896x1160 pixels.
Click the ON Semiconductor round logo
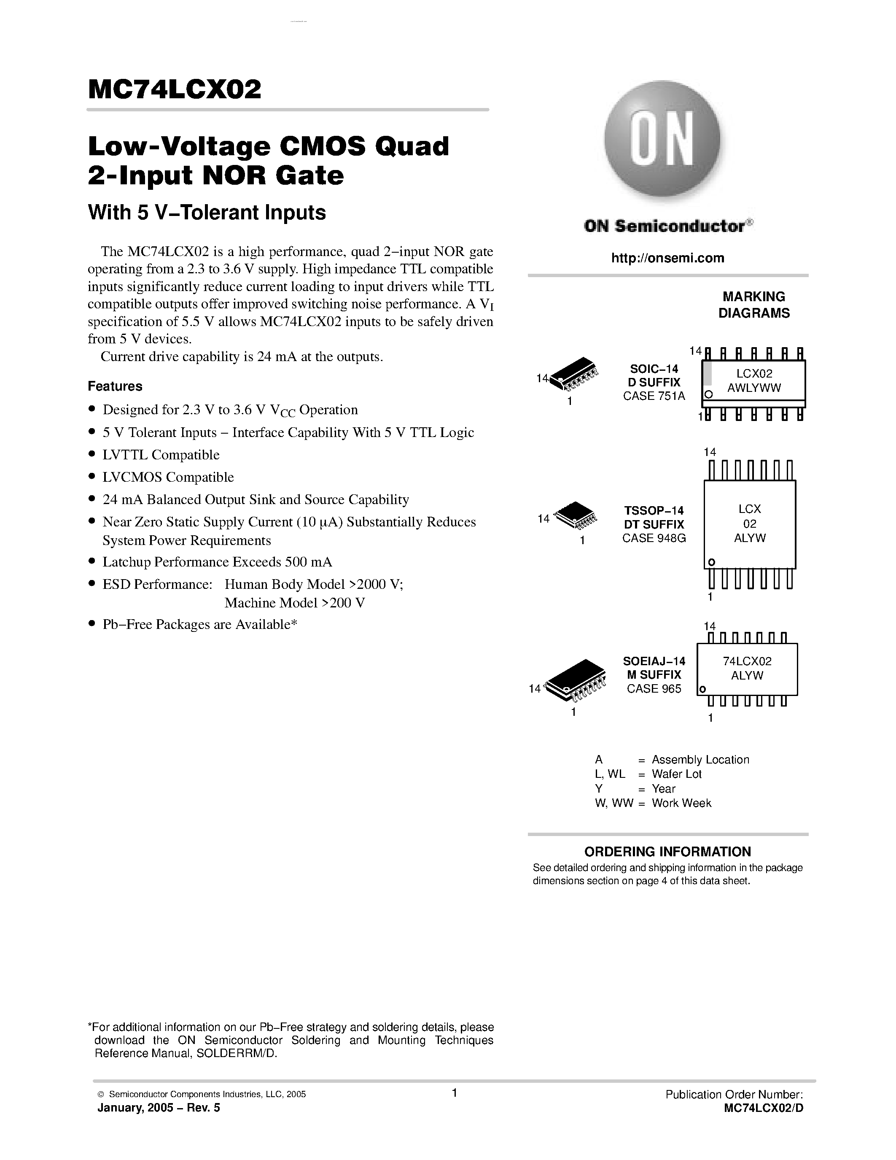click(x=662, y=140)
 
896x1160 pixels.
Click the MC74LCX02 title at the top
click(x=175, y=90)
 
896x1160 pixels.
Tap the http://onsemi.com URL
click(x=667, y=258)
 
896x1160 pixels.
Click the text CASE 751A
click(x=654, y=396)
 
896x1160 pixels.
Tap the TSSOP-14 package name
click(x=654, y=510)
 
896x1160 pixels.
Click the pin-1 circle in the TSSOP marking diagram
click(x=712, y=562)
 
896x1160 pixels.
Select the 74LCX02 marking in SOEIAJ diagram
click(x=747, y=661)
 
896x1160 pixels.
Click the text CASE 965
click(x=654, y=689)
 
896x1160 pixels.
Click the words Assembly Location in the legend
click(x=700, y=760)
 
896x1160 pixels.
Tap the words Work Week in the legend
click(x=681, y=803)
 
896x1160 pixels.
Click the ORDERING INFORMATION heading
click(x=667, y=852)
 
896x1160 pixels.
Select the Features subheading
click(x=115, y=386)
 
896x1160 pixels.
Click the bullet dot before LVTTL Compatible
click(x=92, y=454)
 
